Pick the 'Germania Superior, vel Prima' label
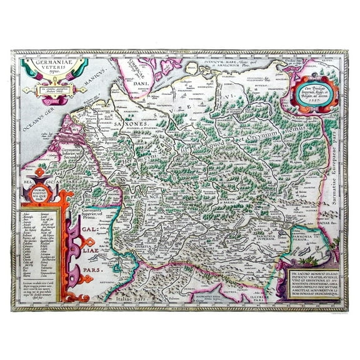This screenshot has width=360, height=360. point(97,212)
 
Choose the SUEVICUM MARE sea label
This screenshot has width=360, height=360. point(216,64)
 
